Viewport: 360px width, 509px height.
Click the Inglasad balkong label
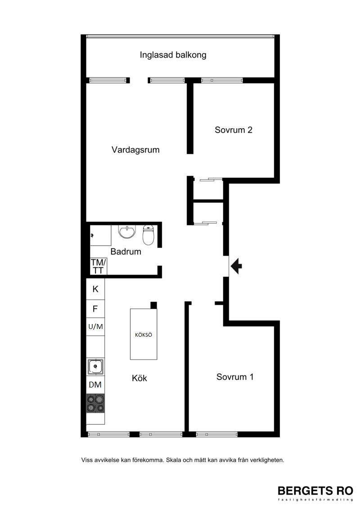[x=173, y=55]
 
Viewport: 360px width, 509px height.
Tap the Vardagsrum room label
[x=135, y=150]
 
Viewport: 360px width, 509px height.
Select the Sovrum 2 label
[x=234, y=130]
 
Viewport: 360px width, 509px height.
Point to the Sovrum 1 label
[x=235, y=377]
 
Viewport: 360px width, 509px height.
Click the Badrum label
[x=126, y=252]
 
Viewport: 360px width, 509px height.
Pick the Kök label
[x=139, y=378]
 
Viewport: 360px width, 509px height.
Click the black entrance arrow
[x=236, y=266]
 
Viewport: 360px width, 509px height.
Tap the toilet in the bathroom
[x=148, y=235]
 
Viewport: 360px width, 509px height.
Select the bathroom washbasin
[x=126, y=231]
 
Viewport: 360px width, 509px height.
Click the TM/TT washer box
[x=99, y=266]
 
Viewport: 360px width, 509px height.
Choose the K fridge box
[x=95, y=289]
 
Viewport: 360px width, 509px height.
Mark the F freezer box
[x=95, y=309]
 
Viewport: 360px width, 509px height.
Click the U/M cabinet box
[x=95, y=327]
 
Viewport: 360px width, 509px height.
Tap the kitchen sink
[x=95, y=366]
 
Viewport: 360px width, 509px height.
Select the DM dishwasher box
[x=95, y=385]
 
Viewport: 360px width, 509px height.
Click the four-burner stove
[x=95, y=403]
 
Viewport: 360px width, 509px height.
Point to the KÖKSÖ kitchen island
[x=144, y=334]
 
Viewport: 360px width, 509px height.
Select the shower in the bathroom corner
[x=101, y=236]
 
